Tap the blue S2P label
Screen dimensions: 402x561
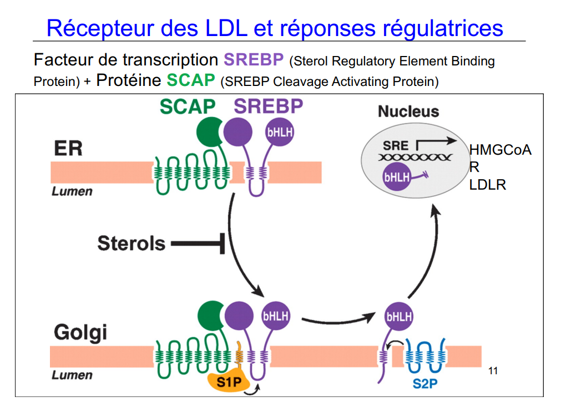(426, 383)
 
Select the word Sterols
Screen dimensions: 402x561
(132, 243)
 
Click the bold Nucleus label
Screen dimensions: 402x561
(408, 111)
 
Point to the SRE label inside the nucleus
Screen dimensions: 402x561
(396, 146)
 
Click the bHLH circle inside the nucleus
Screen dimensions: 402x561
(397, 177)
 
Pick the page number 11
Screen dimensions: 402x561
(493, 371)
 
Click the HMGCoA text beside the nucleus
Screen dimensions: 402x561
(500, 150)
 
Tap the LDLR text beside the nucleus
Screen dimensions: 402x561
(488, 185)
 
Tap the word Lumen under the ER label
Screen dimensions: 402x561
(72, 192)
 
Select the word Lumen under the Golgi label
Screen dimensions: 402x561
(72, 375)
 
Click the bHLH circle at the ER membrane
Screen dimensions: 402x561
(280, 133)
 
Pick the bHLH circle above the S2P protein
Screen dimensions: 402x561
(399, 317)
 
